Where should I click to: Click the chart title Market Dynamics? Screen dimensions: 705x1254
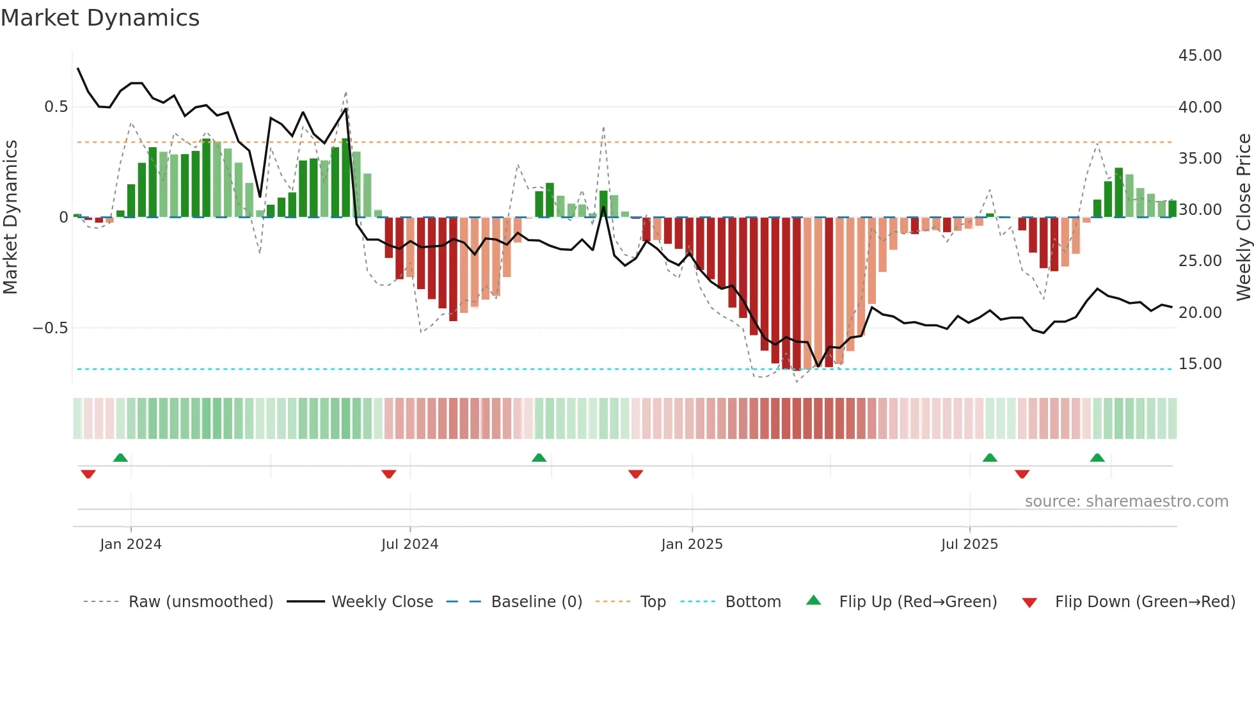tap(100, 18)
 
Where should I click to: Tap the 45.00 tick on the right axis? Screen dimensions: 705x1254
tap(1200, 56)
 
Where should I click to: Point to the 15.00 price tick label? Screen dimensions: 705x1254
tap(1200, 364)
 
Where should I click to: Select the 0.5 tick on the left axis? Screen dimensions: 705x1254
tap(56, 107)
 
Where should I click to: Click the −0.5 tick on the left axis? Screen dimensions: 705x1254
tap(51, 328)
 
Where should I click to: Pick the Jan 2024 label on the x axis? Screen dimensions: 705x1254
tap(131, 544)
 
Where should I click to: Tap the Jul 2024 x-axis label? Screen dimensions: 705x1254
tap(409, 544)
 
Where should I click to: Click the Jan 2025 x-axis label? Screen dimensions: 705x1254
tap(692, 544)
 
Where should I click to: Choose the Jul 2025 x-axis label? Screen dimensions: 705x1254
tap(969, 544)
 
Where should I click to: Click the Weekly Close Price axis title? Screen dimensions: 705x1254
tap(1243, 218)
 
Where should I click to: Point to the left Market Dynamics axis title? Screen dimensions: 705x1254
tap(10, 218)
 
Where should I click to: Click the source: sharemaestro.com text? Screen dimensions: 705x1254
tap(1126, 502)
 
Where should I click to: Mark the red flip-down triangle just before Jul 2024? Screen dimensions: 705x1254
tap(388, 474)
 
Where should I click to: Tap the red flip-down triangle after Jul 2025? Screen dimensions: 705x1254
tap(1022, 474)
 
